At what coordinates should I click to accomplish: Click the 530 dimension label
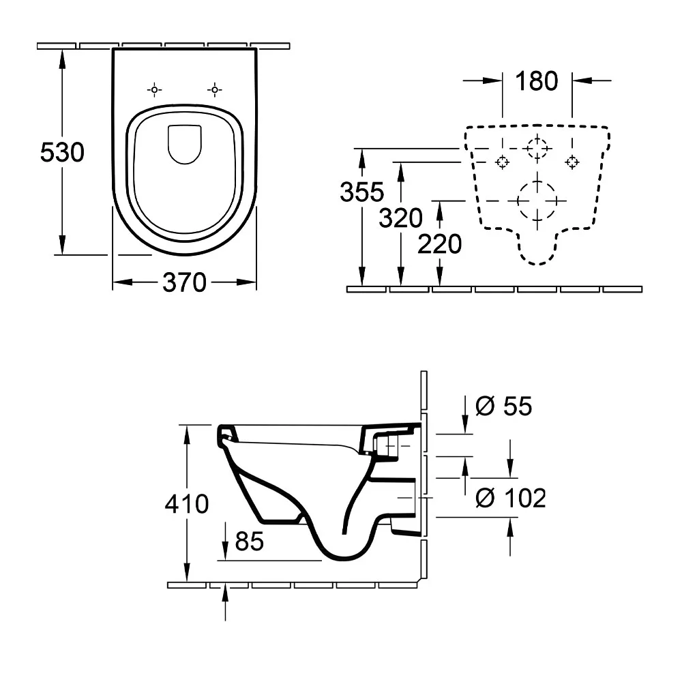(62, 152)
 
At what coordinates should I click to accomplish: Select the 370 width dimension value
(184, 282)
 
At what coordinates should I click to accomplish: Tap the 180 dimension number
(536, 81)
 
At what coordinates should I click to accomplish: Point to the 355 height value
(361, 193)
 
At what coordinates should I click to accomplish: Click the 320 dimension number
(401, 218)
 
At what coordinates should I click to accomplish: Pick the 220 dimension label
(439, 243)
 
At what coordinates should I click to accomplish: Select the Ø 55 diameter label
(503, 406)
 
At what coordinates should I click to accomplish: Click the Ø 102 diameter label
(510, 499)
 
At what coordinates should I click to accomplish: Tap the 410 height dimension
(187, 504)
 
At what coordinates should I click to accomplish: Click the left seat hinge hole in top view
(155, 89)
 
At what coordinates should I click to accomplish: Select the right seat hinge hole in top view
(214, 89)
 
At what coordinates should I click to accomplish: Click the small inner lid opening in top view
(184, 144)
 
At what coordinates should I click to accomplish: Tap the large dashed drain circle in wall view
(537, 201)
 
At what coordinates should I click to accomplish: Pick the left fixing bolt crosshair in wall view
(502, 162)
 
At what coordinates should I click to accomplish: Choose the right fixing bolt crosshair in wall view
(572, 162)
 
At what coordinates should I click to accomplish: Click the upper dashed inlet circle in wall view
(537, 148)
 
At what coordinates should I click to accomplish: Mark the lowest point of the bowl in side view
(348, 559)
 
